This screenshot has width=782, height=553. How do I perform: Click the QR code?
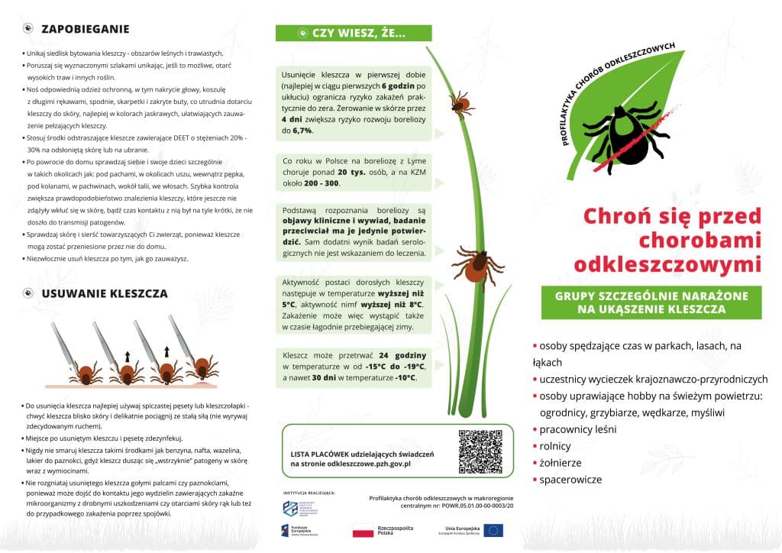pyautogui.click(x=481, y=451)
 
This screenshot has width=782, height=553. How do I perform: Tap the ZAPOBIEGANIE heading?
pyautogui.click(x=85, y=30)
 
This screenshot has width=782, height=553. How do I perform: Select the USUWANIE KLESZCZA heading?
pyautogui.click(x=104, y=293)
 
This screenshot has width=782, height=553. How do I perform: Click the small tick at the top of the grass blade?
pyautogui.click(x=460, y=102)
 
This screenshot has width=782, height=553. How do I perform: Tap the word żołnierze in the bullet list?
pyautogui.click(x=561, y=463)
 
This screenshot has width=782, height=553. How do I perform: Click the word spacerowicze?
pyautogui.click(x=570, y=480)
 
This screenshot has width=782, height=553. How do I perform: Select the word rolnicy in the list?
pyautogui.click(x=556, y=446)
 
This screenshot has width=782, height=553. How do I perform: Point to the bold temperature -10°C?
pyautogui.click(x=405, y=378)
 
